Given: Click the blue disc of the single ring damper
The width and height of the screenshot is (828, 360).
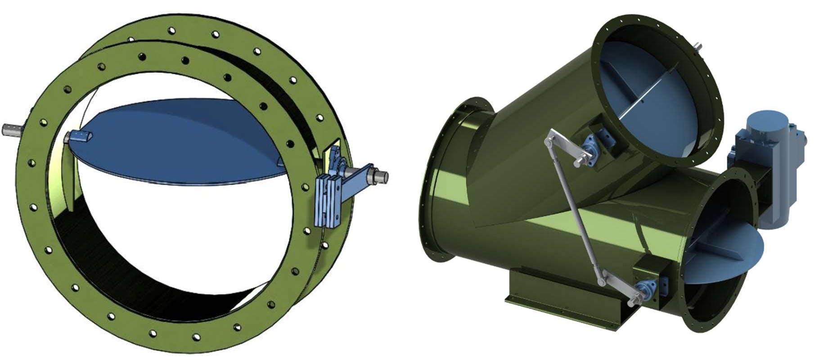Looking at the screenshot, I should [180, 144].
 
